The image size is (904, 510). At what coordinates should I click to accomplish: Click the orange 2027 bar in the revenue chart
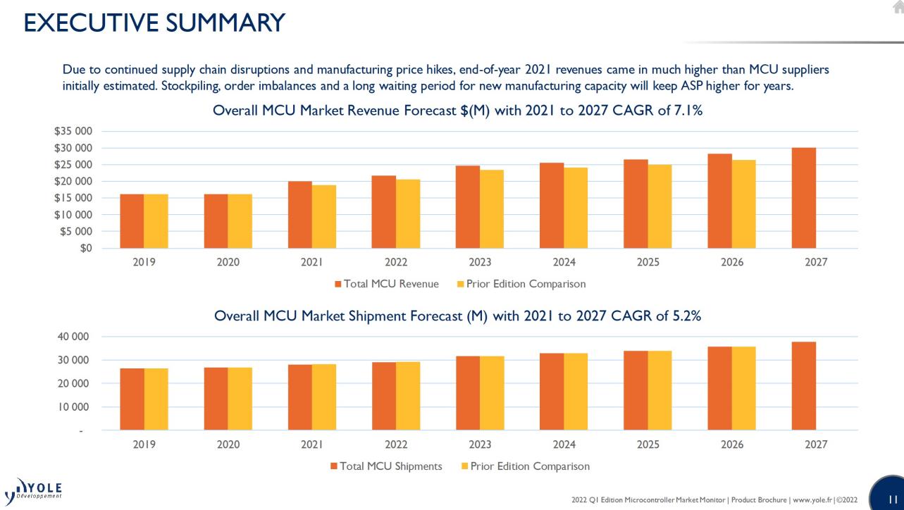[x=804, y=198]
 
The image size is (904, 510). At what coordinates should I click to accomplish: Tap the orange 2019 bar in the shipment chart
[x=132, y=399]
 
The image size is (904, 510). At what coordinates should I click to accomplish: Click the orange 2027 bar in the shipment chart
[x=804, y=386]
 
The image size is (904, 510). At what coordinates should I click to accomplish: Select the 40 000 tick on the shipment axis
[x=73, y=337]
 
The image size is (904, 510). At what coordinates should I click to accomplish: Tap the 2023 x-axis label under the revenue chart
[x=480, y=262]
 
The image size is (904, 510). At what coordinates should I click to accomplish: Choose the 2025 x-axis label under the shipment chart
[x=648, y=444]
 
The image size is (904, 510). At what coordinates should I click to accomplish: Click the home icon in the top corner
[x=896, y=6]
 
